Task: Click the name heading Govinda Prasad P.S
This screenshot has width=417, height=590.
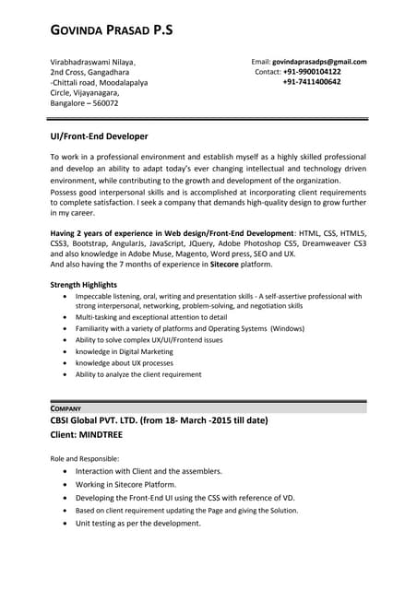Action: click(111, 31)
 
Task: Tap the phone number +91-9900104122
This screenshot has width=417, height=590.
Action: click(311, 72)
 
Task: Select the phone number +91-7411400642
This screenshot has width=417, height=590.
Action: click(311, 82)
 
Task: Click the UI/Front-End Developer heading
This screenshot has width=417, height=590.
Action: click(99, 136)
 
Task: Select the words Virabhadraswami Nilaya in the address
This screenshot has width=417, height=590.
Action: click(93, 62)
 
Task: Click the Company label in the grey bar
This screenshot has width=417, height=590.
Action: click(66, 407)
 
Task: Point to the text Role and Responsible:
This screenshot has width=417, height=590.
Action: click(84, 458)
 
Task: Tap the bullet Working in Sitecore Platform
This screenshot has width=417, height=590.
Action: click(125, 484)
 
